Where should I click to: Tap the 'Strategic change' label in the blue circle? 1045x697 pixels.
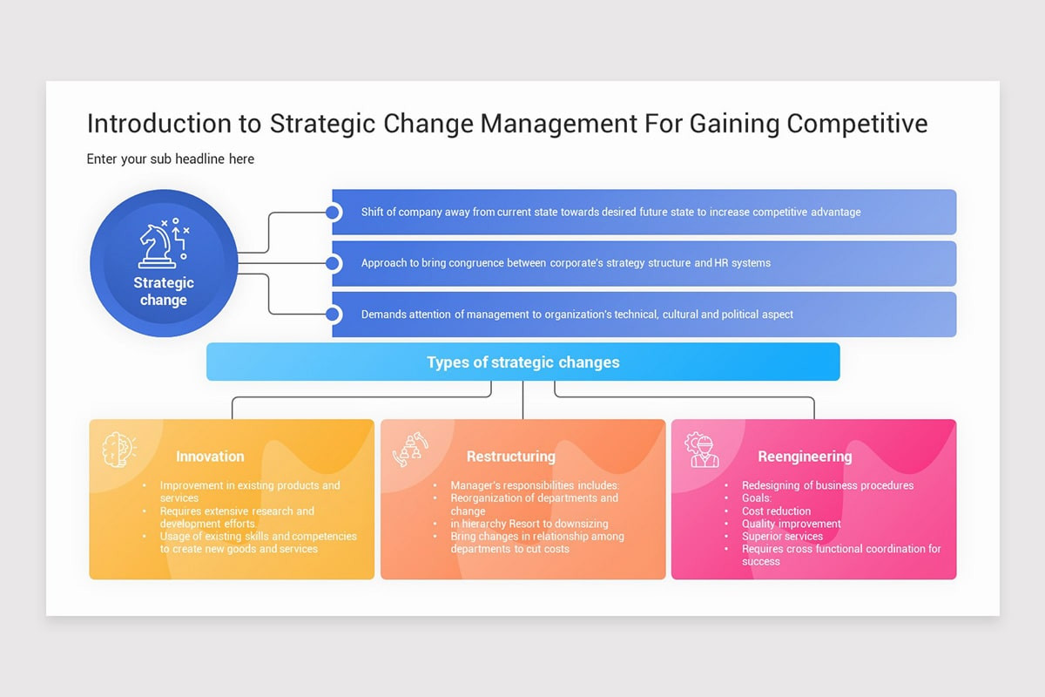(164, 291)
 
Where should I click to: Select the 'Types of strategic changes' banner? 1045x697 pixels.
(522, 362)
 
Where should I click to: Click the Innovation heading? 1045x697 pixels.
(210, 456)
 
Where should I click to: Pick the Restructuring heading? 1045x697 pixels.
(510, 456)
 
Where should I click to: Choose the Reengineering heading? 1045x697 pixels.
(804, 456)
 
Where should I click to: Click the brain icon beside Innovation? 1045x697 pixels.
(118, 450)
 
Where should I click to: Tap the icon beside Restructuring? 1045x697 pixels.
(410, 450)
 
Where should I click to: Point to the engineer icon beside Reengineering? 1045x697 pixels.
(701, 450)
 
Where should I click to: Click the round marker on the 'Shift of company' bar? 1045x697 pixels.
(332, 212)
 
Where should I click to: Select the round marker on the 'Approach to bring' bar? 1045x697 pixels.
(332, 263)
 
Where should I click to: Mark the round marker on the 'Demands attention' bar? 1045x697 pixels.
(332, 315)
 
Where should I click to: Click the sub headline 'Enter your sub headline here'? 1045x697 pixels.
(171, 159)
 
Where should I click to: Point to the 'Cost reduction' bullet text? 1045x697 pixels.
(776, 511)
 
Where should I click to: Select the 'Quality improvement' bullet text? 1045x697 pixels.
(791, 524)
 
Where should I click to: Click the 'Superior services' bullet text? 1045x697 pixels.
(782, 537)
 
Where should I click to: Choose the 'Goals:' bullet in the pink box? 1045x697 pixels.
(756, 498)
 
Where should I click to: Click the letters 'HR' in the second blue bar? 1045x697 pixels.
(722, 263)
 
